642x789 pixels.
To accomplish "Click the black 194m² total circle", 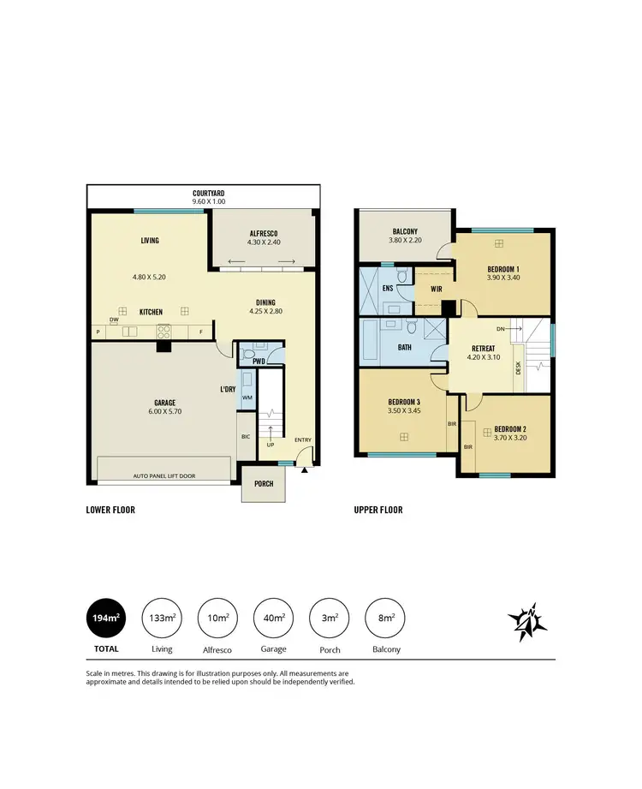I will pyautogui.click(x=106, y=618).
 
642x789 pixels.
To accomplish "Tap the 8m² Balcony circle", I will pyautogui.click(x=387, y=618).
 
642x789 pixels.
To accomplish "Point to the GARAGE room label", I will pyautogui.click(x=164, y=403).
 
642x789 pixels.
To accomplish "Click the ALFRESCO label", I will pyautogui.click(x=263, y=233).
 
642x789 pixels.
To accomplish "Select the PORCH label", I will pyautogui.click(x=264, y=484).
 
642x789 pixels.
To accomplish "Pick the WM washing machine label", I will pyautogui.click(x=247, y=397).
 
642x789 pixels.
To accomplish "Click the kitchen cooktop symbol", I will pyautogui.click(x=163, y=332).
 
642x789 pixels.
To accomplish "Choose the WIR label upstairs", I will pyautogui.click(x=436, y=289).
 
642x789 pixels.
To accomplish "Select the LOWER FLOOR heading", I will pyautogui.click(x=110, y=510).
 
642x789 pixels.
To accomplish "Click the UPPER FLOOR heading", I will pyautogui.click(x=378, y=510).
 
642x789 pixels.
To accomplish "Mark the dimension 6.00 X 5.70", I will pyautogui.click(x=164, y=412).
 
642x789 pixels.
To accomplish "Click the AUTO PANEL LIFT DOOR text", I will pyautogui.click(x=164, y=475).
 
